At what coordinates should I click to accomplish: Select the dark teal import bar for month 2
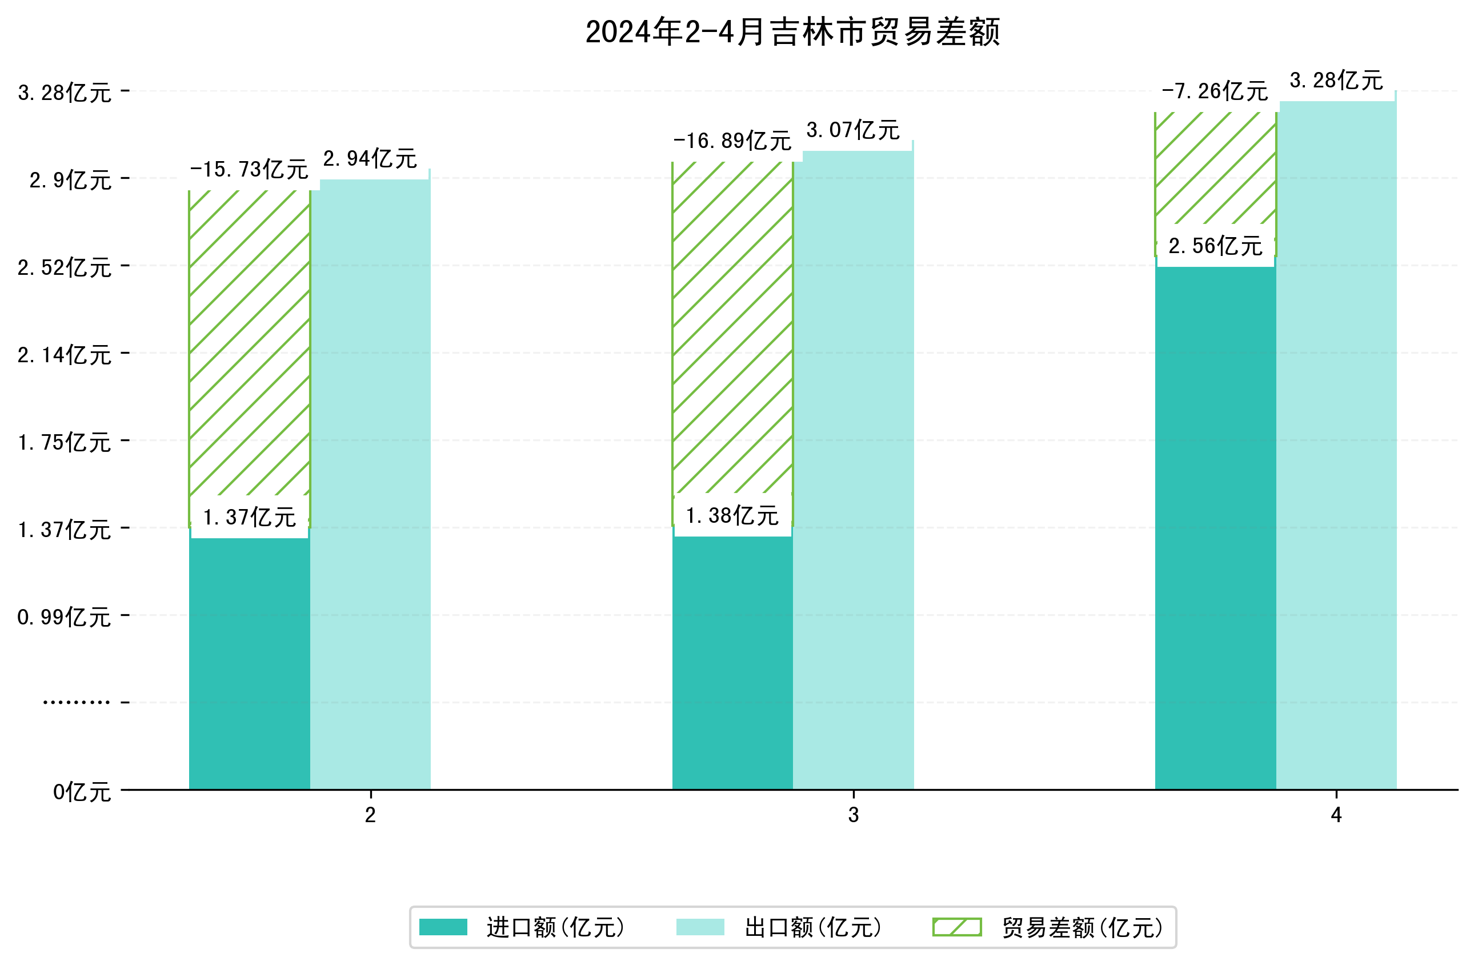249,663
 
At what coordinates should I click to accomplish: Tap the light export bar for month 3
854,471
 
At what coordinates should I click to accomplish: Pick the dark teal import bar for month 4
1215,526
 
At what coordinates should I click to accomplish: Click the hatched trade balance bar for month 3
732,329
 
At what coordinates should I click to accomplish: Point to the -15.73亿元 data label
249,169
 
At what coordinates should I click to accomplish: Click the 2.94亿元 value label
370,159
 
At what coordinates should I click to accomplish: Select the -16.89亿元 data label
732,141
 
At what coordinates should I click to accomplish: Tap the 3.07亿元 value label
853,130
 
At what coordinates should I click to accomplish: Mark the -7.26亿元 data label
1215,91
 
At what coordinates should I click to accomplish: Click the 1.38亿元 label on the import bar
732,515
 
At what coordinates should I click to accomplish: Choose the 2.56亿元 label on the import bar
1215,246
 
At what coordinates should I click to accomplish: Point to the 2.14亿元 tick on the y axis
65,355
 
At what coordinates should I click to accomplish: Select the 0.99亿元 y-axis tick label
65,618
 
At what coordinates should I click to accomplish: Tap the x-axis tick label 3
854,815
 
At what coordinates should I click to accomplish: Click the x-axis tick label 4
1336,815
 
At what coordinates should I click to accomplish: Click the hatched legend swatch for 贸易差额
957,927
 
